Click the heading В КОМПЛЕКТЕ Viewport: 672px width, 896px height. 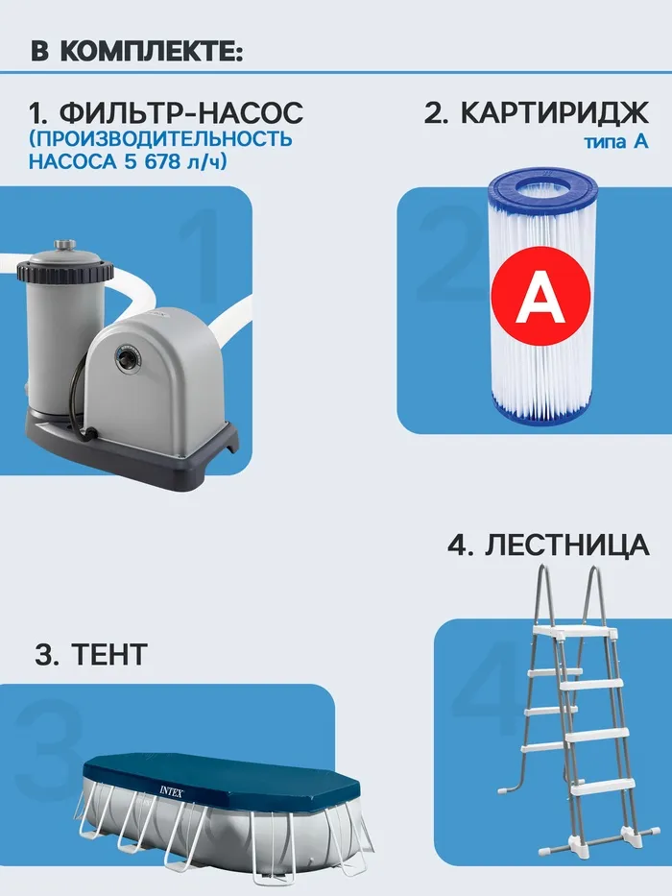[x=136, y=52]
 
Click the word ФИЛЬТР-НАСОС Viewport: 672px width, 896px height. [x=181, y=112]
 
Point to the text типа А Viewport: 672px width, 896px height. [x=616, y=140]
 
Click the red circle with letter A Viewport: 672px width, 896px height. [x=540, y=296]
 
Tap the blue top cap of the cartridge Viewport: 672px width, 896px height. [x=542, y=190]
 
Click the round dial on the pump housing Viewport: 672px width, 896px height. [x=128, y=359]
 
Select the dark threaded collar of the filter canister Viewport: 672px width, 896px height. [x=60, y=272]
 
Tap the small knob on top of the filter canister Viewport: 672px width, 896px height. [x=64, y=247]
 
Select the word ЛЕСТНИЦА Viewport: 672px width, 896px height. [x=566, y=545]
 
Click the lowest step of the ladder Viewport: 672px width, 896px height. [x=604, y=788]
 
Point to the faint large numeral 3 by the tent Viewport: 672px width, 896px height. [x=49, y=743]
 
